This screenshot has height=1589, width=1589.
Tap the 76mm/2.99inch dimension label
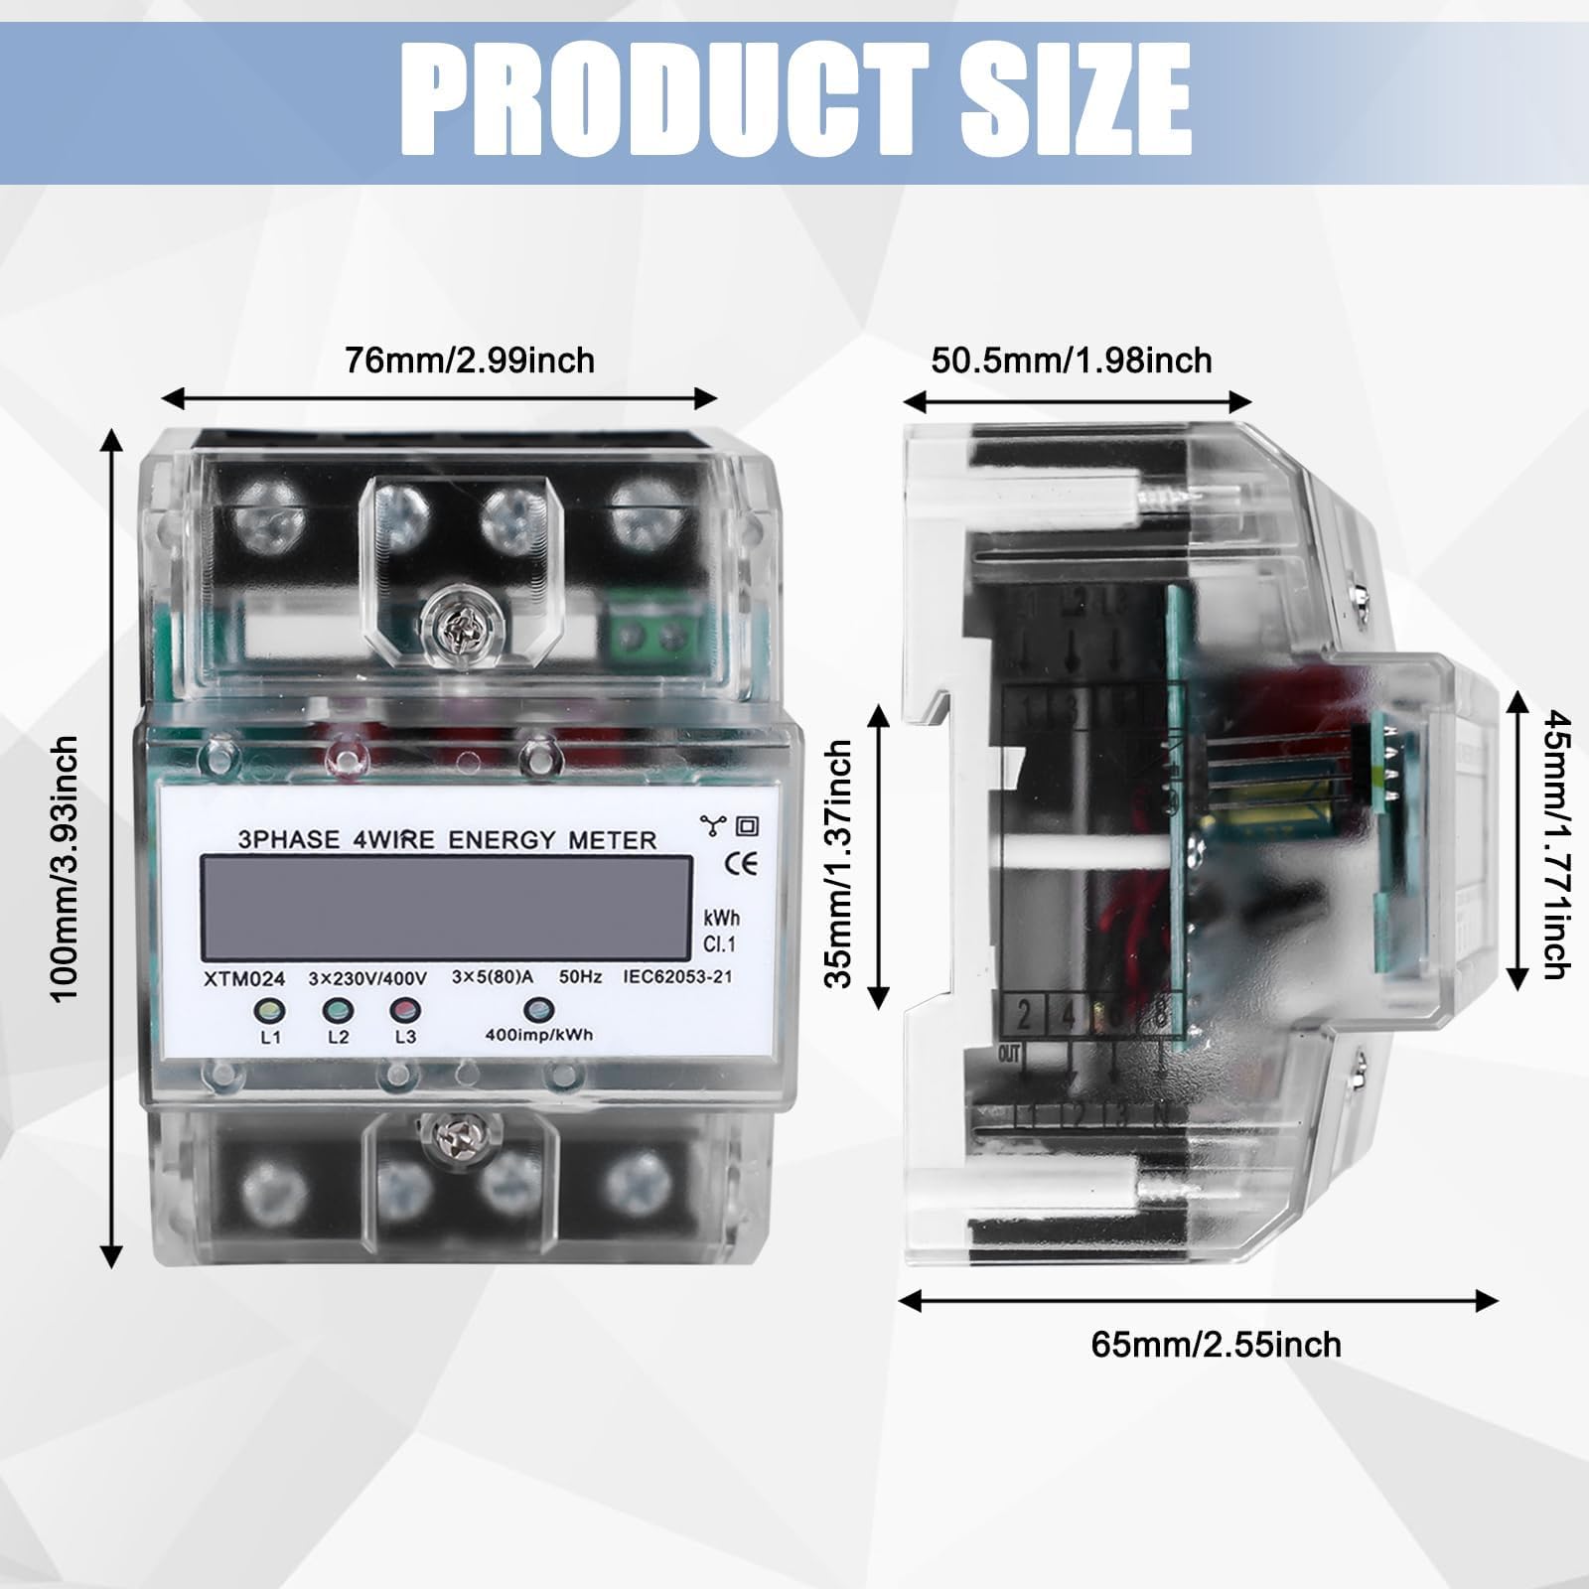(x=470, y=360)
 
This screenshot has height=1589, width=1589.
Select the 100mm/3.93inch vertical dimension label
(x=66, y=868)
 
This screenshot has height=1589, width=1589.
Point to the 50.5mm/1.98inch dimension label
(x=1071, y=360)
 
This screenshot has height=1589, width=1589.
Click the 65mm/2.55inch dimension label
(x=1216, y=1345)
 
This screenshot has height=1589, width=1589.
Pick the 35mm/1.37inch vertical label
(x=840, y=863)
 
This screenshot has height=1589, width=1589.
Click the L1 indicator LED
(x=270, y=1010)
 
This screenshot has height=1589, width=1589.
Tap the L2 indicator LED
(x=338, y=1010)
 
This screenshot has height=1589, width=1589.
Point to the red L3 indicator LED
(x=405, y=1010)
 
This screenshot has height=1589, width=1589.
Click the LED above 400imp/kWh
(x=538, y=1009)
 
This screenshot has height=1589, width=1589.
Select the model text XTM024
(x=244, y=978)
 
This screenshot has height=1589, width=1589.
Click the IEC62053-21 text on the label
(x=677, y=976)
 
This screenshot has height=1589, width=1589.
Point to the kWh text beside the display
(x=721, y=918)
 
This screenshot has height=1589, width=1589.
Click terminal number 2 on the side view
(x=1024, y=1015)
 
